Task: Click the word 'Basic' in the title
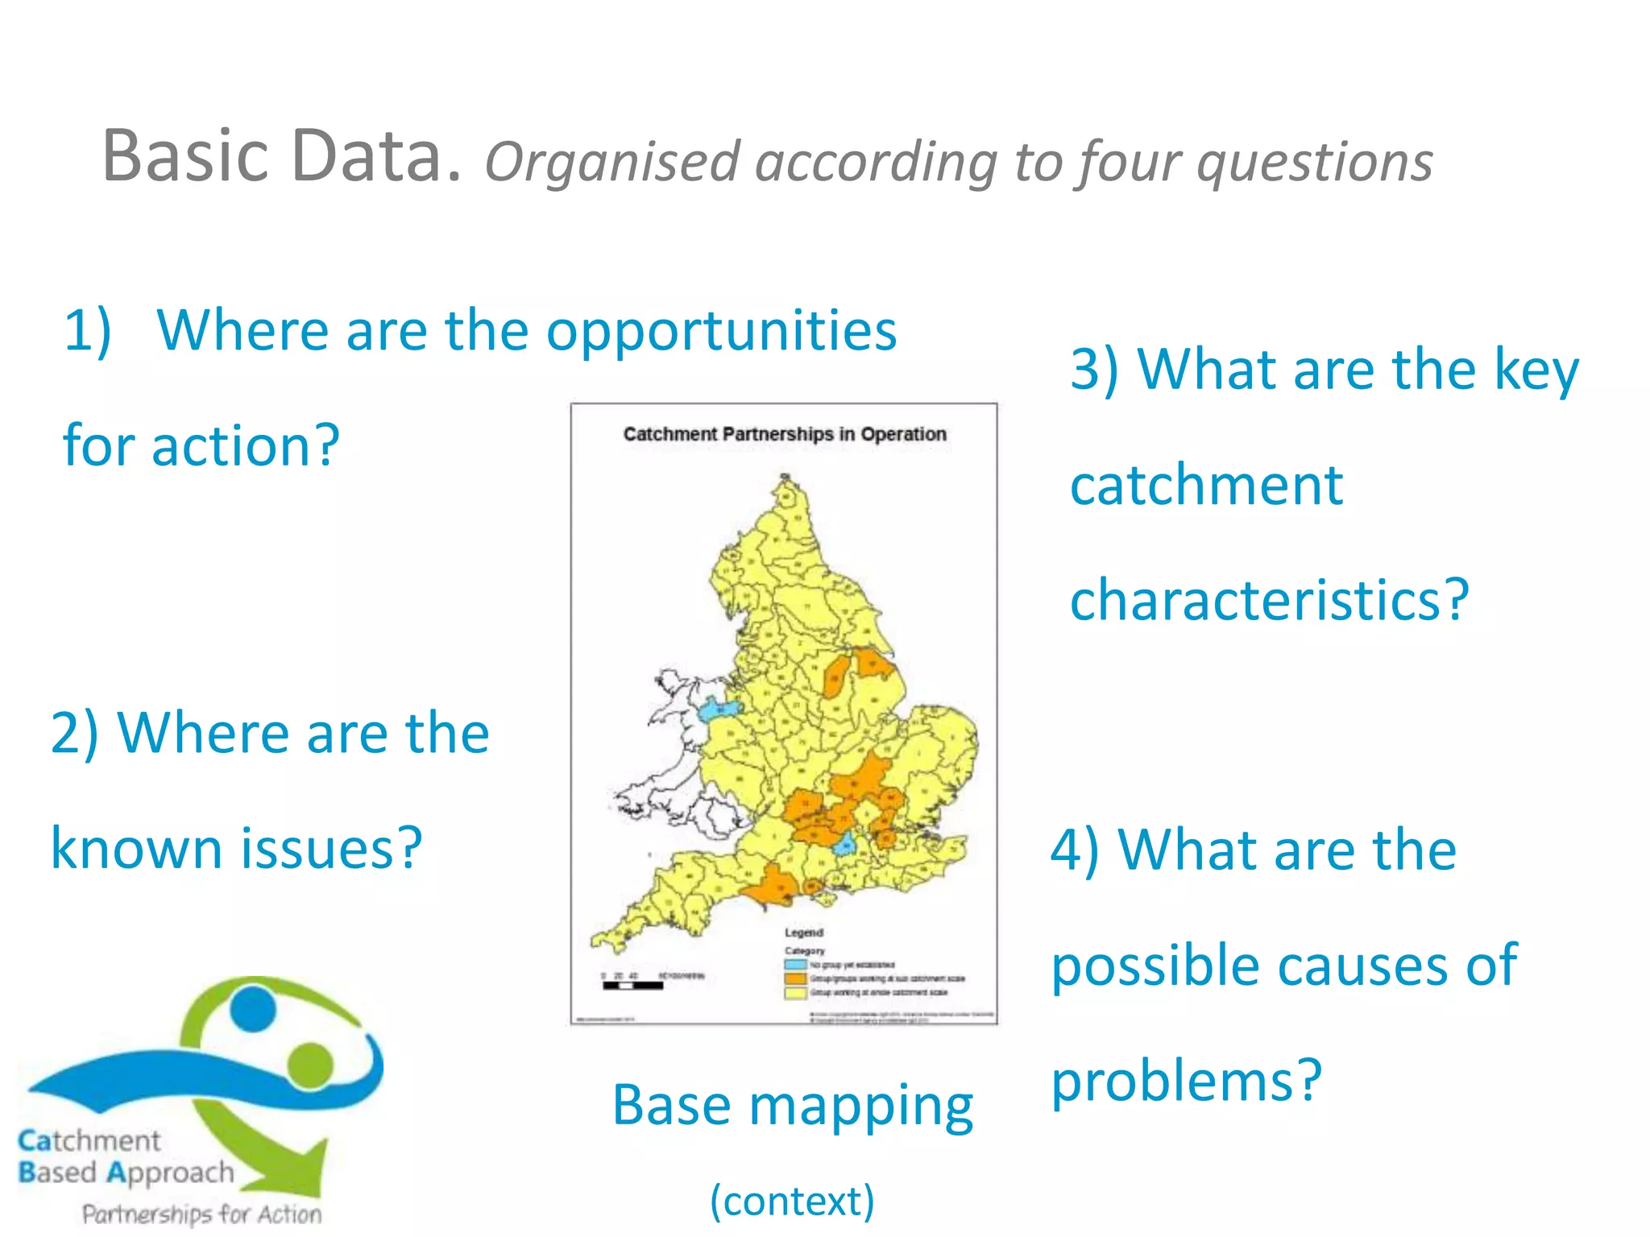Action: coord(185,156)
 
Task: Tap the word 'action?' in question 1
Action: coord(246,446)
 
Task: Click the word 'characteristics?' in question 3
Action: coord(1270,601)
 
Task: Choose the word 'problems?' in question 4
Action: coord(1186,1081)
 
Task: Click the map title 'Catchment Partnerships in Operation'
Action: coord(784,434)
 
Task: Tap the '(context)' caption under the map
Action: coord(791,1201)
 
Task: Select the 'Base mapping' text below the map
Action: coord(792,1107)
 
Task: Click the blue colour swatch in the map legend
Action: coord(795,964)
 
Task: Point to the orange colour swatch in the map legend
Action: coord(795,978)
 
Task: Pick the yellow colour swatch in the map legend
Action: coord(795,993)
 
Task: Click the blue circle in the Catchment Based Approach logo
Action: coord(252,1009)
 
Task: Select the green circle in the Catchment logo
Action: coord(309,1065)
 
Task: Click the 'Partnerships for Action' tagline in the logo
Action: coord(201,1214)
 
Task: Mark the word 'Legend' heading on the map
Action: coord(803,933)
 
